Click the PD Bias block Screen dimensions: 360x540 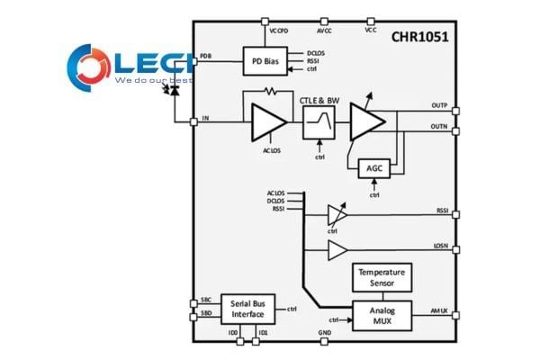coord(265,62)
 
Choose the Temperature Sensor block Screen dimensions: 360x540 coord(382,277)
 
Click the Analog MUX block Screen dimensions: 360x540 coord(382,316)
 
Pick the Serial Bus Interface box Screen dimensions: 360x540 coord(247,309)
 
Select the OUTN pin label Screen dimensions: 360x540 coord(440,126)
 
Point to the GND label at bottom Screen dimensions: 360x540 coord(326,332)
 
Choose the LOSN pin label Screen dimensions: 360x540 coord(441,245)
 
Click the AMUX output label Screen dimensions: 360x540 coord(440,310)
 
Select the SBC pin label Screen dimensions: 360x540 coord(205,300)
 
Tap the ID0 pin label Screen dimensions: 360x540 coord(233,332)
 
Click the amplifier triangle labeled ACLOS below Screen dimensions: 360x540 coord(267,121)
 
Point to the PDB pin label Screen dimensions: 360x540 coord(205,57)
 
